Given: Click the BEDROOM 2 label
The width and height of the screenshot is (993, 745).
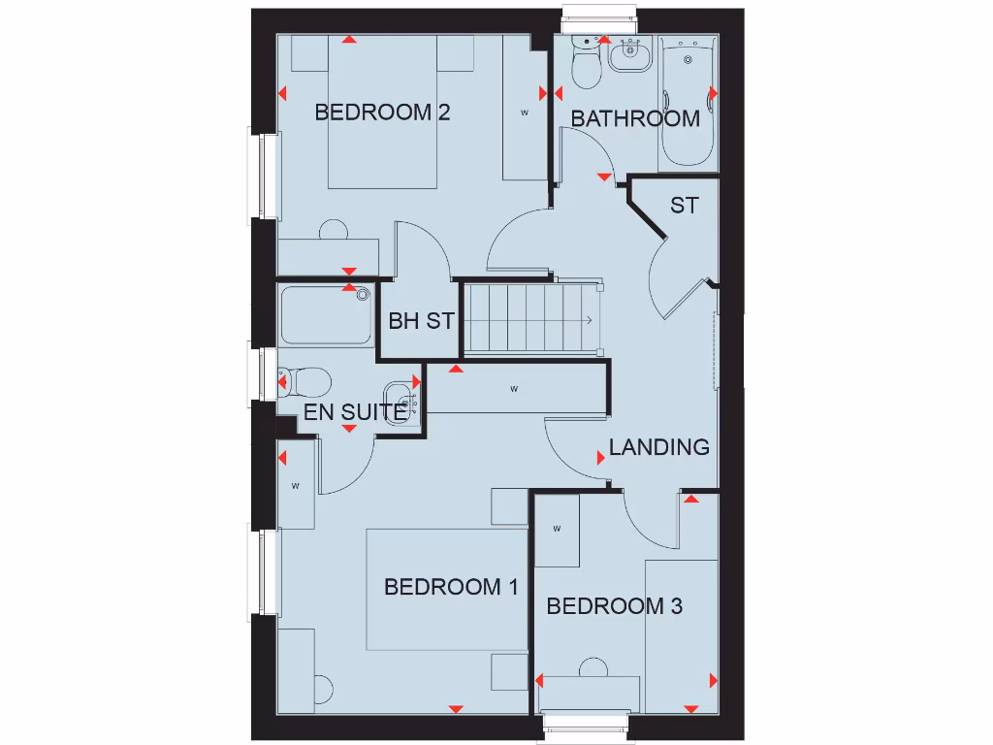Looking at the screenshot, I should (382, 113).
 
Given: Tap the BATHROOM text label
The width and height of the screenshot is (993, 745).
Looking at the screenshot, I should (635, 118).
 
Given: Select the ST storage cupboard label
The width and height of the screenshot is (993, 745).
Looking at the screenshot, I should (684, 206).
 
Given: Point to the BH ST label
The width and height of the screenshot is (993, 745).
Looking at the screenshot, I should (421, 321).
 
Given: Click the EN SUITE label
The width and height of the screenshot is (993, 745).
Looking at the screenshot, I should (355, 412).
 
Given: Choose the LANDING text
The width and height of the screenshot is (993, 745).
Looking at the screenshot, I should (658, 447).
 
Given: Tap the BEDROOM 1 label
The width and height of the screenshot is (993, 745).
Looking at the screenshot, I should (451, 587).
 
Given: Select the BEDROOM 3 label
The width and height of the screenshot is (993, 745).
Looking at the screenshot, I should (615, 606).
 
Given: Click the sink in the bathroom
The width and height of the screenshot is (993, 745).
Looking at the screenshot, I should (630, 56).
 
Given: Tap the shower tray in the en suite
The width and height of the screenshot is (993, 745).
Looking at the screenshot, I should (327, 315).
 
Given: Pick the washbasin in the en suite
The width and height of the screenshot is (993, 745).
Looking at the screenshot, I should (408, 399).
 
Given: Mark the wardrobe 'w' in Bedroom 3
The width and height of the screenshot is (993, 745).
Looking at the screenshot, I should (557, 529).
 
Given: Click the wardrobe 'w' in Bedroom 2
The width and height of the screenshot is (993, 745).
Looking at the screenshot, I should (525, 113).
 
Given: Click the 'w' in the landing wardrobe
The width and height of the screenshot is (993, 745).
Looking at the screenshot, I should (514, 390).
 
